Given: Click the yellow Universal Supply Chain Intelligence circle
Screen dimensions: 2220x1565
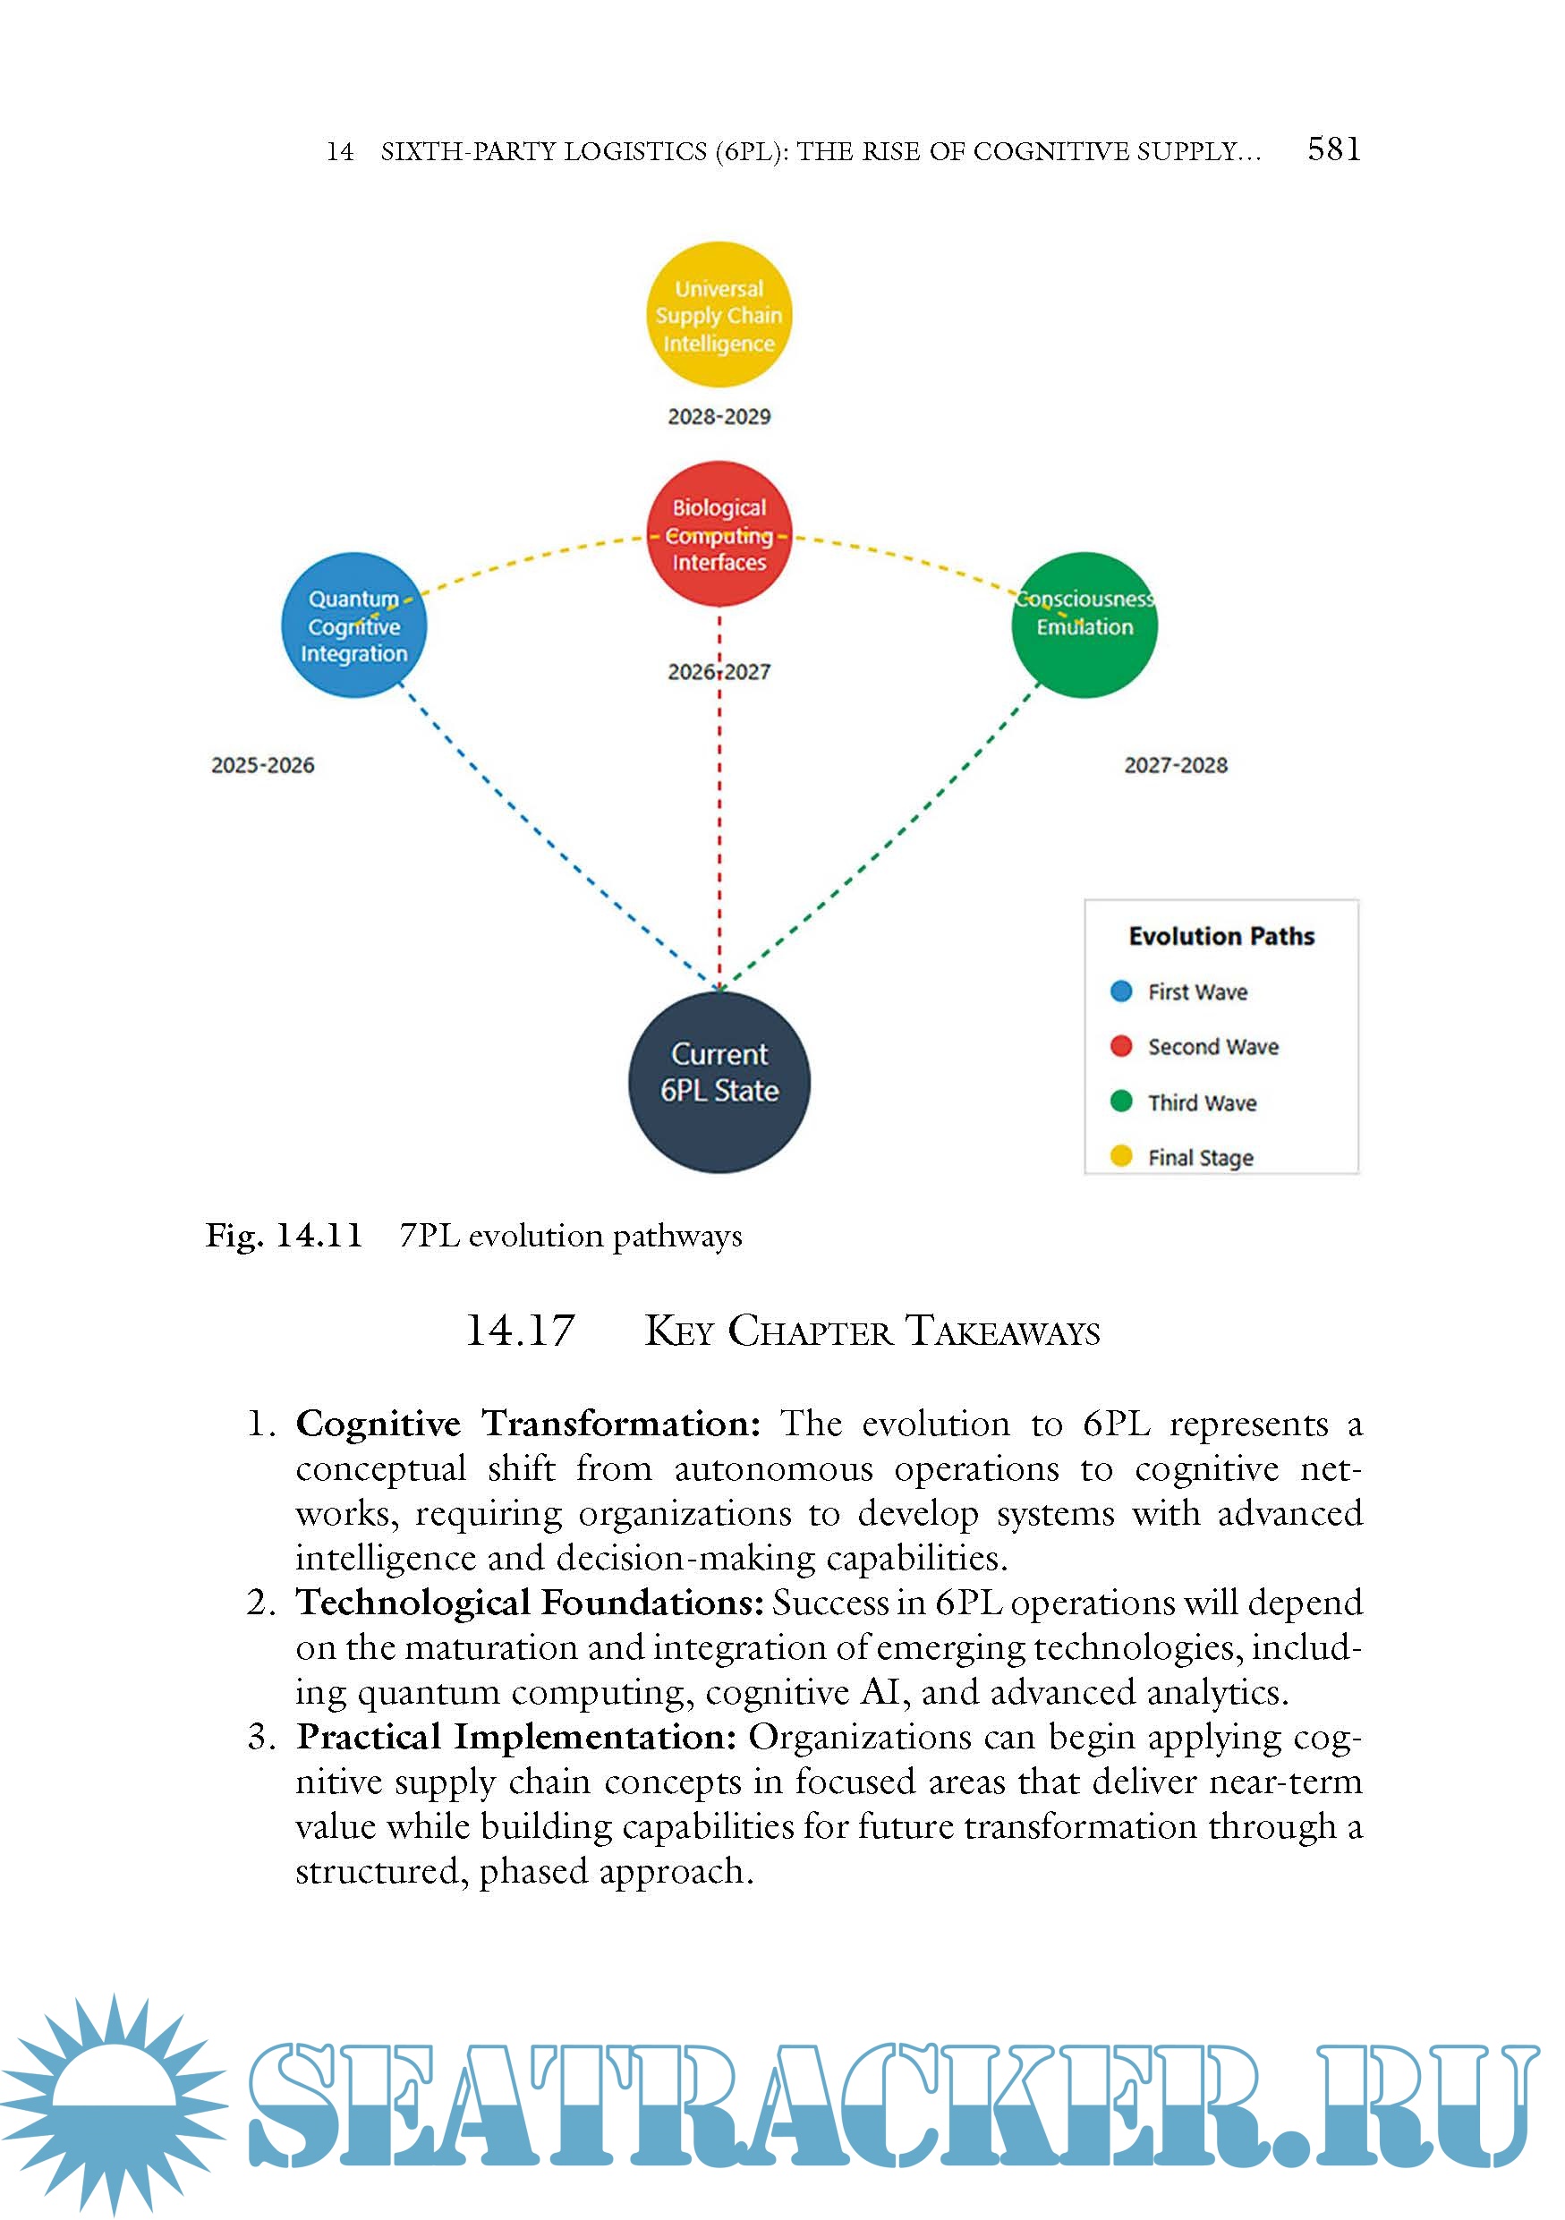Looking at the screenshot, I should pyautogui.click(x=719, y=315).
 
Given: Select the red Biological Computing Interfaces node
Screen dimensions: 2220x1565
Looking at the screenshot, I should pyautogui.click(x=719, y=533).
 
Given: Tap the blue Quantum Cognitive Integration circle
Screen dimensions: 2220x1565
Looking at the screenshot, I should pyautogui.click(x=353, y=625).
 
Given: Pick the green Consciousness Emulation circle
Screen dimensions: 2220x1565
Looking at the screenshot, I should pyautogui.click(x=1084, y=625).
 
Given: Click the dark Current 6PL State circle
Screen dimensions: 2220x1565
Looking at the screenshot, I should pyautogui.click(x=719, y=1081).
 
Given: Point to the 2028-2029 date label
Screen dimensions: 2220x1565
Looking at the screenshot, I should pyautogui.click(x=719, y=417).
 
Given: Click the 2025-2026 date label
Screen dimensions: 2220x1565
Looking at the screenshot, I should pyautogui.click(x=263, y=765).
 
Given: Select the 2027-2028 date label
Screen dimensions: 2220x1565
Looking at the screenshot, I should pyautogui.click(x=1176, y=765).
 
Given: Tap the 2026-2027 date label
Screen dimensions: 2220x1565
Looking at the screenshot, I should pyautogui.click(x=719, y=672).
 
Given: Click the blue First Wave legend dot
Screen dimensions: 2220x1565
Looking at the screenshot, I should pyautogui.click(x=1121, y=991).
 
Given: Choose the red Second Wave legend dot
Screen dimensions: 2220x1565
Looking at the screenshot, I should pyautogui.click(x=1121, y=1046).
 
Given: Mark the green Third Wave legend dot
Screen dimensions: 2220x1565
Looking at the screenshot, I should pyautogui.click(x=1121, y=1101).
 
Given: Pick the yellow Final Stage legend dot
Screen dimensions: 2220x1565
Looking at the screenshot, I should pyautogui.click(x=1121, y=1156).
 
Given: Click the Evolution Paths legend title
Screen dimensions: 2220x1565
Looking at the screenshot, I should pyautogui.click(x=1221, y=936).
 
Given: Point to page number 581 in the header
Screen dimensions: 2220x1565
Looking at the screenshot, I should pyautogui.click(x=1333, y=149).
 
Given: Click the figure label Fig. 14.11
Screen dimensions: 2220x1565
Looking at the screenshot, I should pyautogui.click(x=284, y=1236).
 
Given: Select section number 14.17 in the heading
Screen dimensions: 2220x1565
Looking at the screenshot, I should pyautogui.click(x=520, y=1331).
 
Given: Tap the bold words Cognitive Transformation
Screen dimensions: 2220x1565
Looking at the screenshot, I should pyautogui.click(x=528, y=1425).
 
